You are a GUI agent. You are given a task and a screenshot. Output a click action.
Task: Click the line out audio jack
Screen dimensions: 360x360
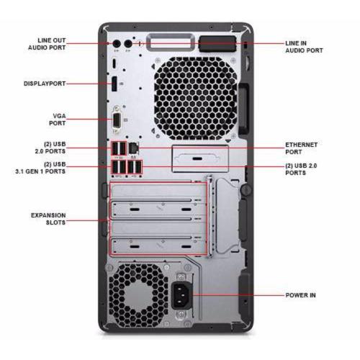[x=117, y=44]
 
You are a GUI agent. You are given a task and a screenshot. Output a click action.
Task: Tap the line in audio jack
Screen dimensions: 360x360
[x=128, y=44]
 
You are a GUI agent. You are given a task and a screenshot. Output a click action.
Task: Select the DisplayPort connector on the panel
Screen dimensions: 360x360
[x=114, y=84]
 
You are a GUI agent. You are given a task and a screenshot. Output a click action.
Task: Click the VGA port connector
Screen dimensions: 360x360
[x=117, y=120]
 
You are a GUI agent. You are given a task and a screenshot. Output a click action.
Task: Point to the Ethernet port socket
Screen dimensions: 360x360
[x=133, y=148]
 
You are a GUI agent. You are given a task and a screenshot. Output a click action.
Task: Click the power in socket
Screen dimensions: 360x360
[x=181, y=295]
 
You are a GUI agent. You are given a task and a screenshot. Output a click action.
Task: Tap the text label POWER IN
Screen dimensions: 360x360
[x=300, y=295]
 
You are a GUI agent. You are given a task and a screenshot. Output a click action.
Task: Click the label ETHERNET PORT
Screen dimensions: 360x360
[x=301, y=148]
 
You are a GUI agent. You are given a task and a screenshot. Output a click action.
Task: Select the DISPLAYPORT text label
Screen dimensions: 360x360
[x=45, y=84]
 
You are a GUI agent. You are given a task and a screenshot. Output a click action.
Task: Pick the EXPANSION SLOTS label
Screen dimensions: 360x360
[x=48, y=219]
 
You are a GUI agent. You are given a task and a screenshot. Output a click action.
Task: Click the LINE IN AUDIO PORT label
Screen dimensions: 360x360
[x=304, y=47]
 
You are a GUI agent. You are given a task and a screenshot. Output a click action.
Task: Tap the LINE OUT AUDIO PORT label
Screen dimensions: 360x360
[x=47, y=44]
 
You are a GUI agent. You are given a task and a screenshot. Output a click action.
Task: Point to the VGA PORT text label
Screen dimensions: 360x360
[x=58, y=120]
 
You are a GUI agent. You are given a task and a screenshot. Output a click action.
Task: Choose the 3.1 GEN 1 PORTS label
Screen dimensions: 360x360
[x=40, y=171]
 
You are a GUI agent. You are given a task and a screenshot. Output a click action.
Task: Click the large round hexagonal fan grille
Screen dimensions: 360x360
[x=195, y=99]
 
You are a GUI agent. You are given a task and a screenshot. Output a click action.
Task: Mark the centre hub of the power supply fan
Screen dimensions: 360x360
[x=139, y=294]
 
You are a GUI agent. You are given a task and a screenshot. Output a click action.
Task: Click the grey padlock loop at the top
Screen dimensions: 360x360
[x=171, y=42]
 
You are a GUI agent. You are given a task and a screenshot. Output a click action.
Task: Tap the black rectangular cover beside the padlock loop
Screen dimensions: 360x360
[x=217, y=44]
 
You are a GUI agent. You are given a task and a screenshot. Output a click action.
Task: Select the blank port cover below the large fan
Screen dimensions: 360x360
[x=200, y=158]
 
